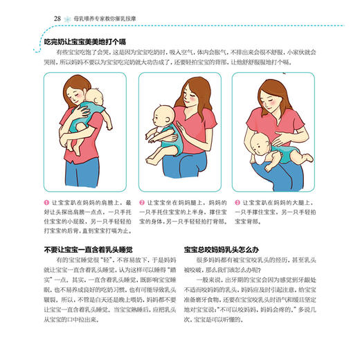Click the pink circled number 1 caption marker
point(46,202)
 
